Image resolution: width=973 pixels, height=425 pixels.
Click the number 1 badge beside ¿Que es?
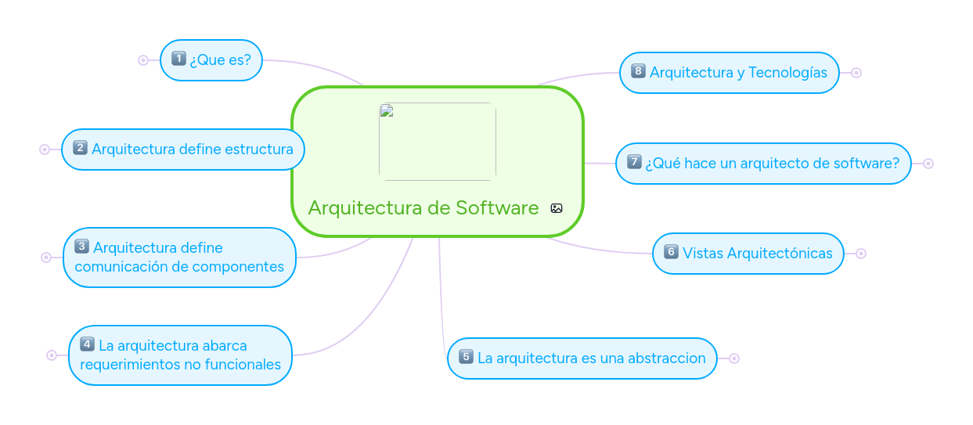click(x=178, y=58)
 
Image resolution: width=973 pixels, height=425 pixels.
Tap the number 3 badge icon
click(x=81, y=247)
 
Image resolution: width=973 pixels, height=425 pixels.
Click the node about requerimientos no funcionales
click(x=180, y=355)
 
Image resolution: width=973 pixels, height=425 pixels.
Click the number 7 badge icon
click(x=635, y=162)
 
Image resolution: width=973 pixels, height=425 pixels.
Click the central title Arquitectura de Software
click(x=423, y=208)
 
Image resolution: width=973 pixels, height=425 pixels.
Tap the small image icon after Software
click(x=557, y=208)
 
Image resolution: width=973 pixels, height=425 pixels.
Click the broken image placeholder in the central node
click(x=437, y=142)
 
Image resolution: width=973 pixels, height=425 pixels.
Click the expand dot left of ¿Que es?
click(x=143, y=60)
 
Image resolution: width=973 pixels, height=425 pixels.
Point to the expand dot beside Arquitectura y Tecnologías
click(x=856, y=73)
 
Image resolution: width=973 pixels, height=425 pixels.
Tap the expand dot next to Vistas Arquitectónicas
click(x=861, y=254)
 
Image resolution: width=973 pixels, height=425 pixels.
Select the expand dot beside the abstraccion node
click(x=734, y=358)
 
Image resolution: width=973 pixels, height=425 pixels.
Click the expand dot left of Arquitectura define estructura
click(x=45, y=149)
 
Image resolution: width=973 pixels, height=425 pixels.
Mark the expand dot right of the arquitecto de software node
click(x=928, y=164)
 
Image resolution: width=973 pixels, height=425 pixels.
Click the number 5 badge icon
click(x=466, y=357)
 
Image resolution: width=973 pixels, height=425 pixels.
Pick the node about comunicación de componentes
click(x=179, y=258)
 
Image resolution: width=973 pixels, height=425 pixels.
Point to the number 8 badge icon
click(x=638, y=71)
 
